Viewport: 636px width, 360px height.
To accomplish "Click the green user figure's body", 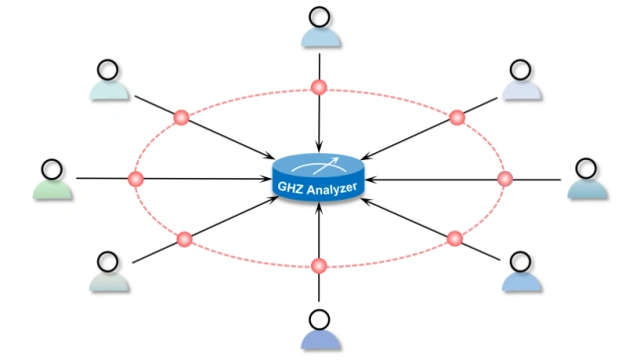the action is click(53, 190).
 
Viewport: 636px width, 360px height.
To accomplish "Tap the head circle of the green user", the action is click(53, 169).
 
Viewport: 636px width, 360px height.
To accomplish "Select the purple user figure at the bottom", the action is click(320, 329).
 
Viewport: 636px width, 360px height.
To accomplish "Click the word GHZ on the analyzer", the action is click(290, 187).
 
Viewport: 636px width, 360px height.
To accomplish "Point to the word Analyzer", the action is click(332, 189).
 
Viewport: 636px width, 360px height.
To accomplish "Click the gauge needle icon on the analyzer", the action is click(319, 166).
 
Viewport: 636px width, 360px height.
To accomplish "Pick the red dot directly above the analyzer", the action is click(319, 88).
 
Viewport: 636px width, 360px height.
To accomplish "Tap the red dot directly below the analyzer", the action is click(319, 266).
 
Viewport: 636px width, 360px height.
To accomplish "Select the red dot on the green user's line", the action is click(135, 179).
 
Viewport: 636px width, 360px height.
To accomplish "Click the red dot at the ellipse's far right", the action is click(505, 179).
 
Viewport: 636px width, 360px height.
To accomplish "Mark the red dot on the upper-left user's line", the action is click(181, 117).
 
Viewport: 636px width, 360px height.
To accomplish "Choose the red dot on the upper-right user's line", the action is click(457, 117).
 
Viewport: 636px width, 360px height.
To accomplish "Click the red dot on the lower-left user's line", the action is click(185, 239).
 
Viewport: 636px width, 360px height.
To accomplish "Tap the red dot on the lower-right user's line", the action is click(455, 239).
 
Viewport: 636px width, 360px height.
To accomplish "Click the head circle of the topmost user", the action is click(320, 17).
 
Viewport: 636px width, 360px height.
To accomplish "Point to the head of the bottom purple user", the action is click(320, 320).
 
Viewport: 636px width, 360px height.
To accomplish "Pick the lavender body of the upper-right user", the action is click(521, 90).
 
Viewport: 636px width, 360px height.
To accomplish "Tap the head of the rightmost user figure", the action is click(586, 169).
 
